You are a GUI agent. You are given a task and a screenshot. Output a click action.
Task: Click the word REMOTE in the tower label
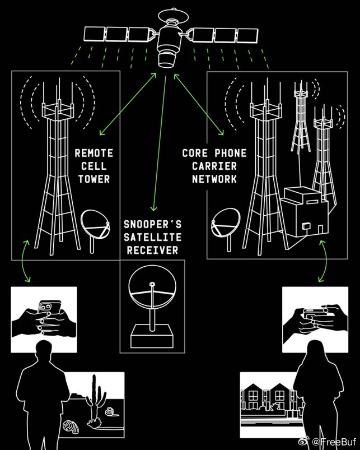[x=93, y=153]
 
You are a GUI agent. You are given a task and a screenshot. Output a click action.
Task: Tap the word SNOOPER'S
[x=152, y=224]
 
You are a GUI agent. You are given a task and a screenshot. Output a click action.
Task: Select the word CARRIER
[x=214, y=166]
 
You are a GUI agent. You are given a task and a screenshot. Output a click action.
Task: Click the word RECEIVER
[x=152, y=250]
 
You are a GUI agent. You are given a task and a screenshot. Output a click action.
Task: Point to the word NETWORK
[x=214, y=179]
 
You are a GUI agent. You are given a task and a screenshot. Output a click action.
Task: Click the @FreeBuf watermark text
[x=334, y=441]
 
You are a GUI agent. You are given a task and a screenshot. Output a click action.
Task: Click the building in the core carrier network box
[x=304, y=211]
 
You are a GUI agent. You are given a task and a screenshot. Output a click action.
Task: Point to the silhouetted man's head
[x=44, y=351]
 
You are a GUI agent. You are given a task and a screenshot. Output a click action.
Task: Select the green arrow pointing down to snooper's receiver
[x=160, y=143]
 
